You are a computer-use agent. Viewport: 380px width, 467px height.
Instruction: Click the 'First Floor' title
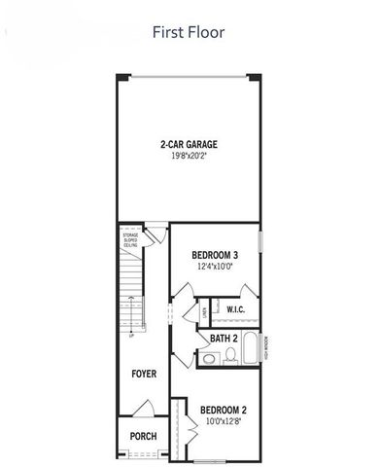189,32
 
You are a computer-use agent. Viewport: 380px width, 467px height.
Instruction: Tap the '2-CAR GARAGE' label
189,145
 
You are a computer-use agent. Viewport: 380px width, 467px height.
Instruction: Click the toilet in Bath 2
230,356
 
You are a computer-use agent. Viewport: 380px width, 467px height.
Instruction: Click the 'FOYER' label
145,373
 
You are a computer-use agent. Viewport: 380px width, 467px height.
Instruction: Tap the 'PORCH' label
143,436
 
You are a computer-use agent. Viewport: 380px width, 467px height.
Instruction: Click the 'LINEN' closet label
204,310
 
